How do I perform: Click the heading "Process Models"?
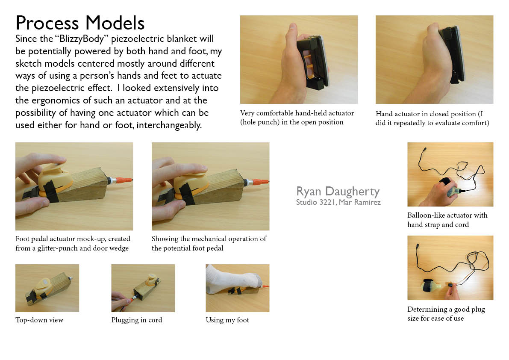pyautogui.click(x=80, y=23)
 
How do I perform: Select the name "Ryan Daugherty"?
pyautogui.click(x=338, y=191)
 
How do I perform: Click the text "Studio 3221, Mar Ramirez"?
pyautogui.click(x=338, y=202)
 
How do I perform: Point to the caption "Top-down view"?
pyautogui.click(x=39, y=320)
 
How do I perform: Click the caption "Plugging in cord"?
pyautogui.click(x=137, y=320)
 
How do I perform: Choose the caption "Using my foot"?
pyautogui.click(x=227, y=320)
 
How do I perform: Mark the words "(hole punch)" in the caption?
pyautogui.click(x=261, y=122)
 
